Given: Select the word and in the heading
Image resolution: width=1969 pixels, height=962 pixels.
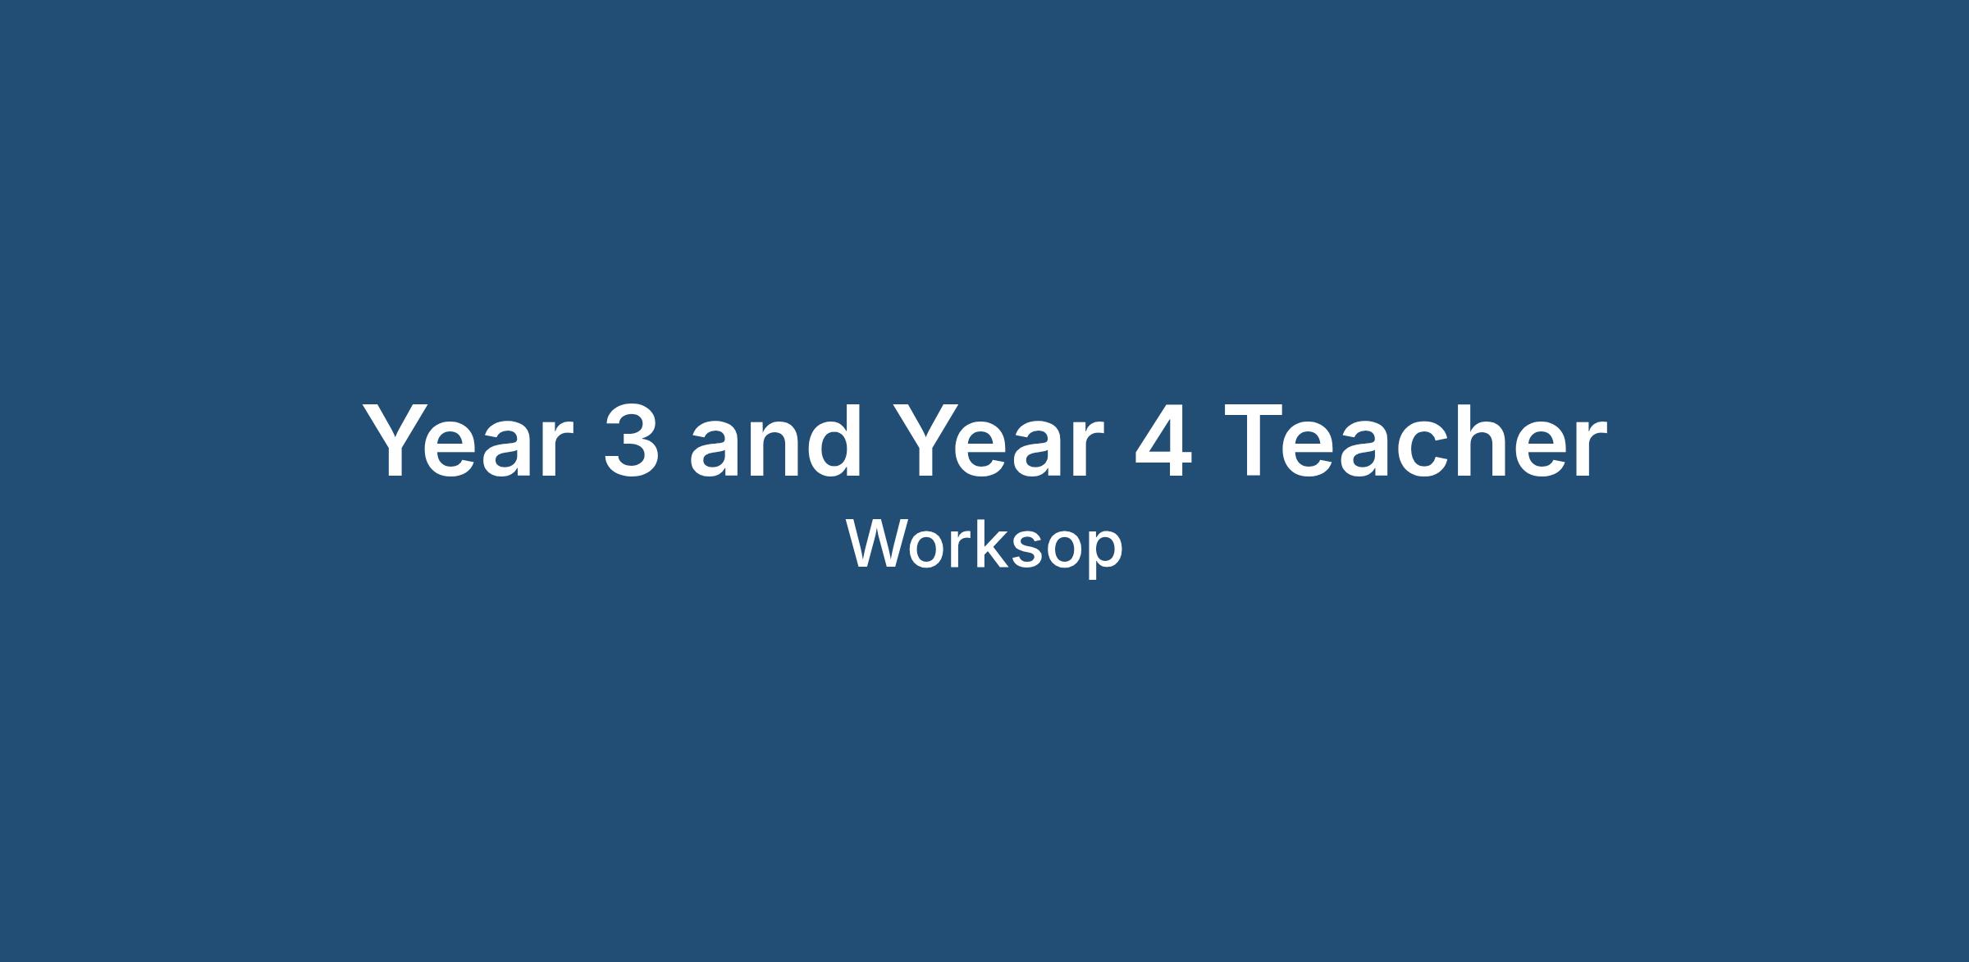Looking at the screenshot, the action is click(775, 439).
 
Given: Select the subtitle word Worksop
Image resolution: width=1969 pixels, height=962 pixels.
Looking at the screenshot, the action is click(984, 545).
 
